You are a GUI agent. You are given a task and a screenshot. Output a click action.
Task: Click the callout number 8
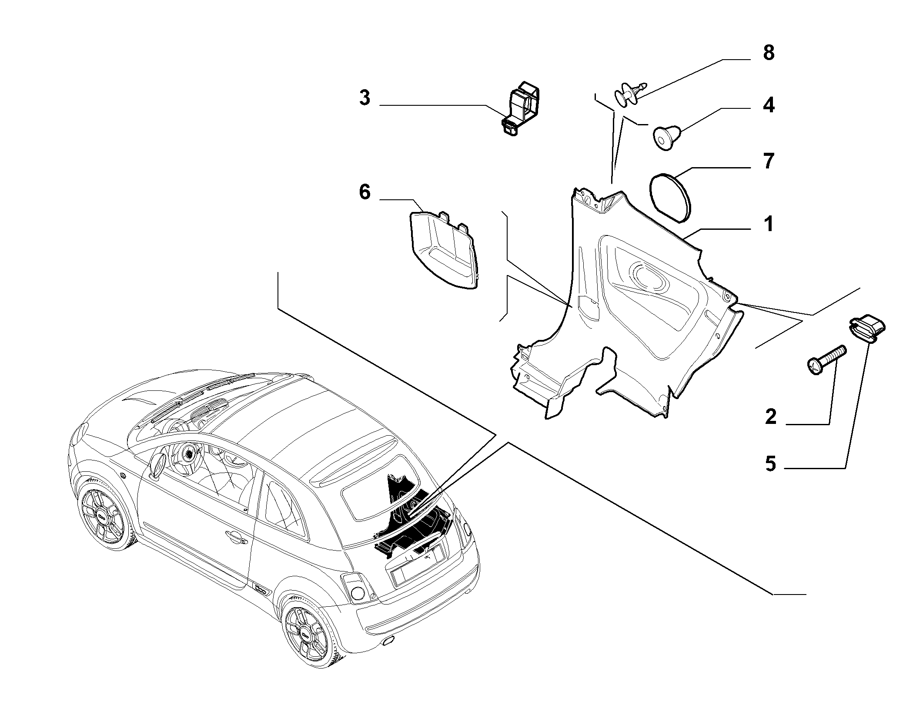[x=769, y=53]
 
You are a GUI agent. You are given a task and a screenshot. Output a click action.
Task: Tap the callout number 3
[x=365, y=98]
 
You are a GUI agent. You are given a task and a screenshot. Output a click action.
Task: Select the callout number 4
[x=769, y=105]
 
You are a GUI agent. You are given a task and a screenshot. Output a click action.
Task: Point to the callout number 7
[x=769, y=161]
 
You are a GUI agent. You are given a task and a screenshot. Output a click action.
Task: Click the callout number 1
[x=769, y=225]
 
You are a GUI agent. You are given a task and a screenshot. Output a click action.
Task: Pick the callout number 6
[x=365, y=192]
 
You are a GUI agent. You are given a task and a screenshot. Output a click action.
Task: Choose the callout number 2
[x=770, y=417]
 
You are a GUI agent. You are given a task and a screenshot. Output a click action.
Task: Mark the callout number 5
[x=770, y=464]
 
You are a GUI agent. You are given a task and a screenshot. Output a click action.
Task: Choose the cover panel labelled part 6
[x=443, y=250]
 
